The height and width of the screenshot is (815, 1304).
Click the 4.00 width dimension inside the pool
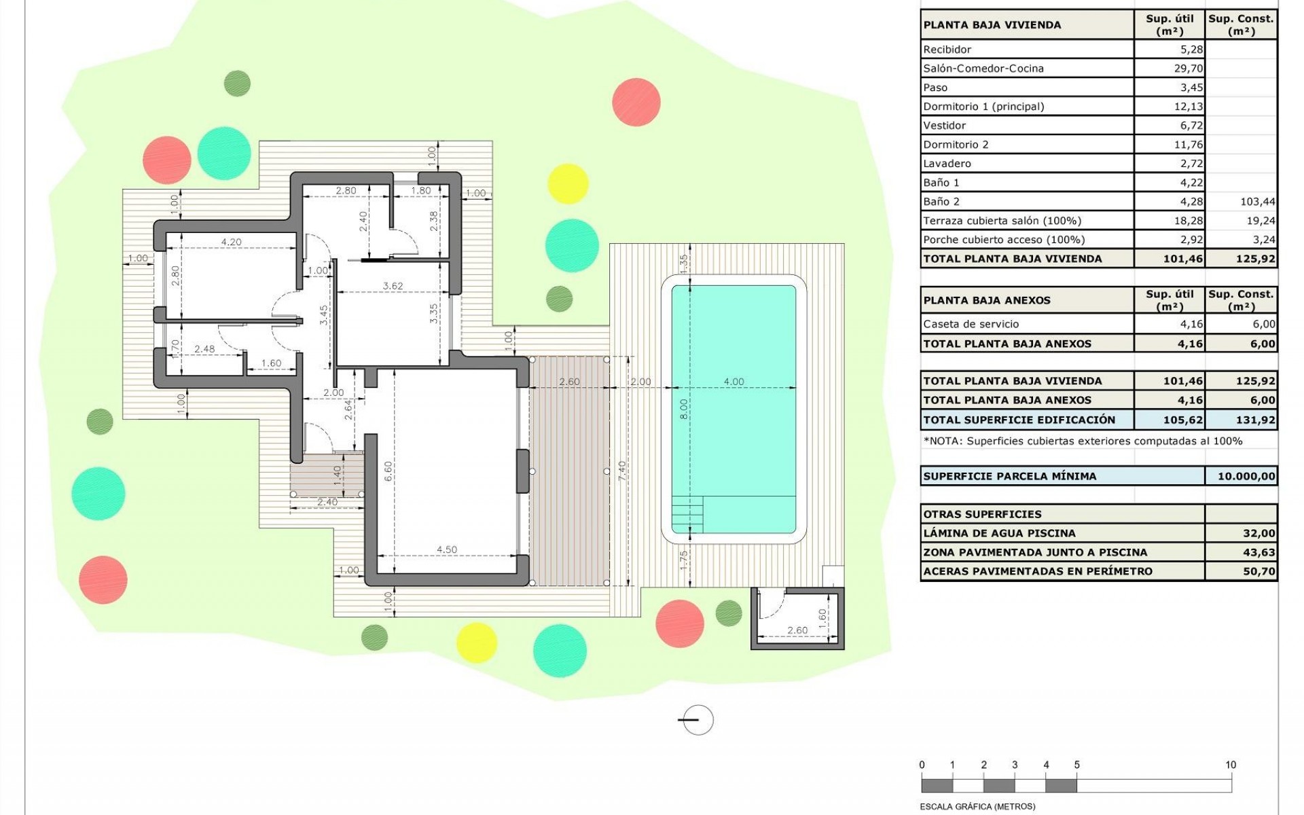click(733, 382)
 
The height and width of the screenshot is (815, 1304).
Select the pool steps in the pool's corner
click(687, 515)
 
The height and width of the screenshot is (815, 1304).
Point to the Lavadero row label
click(947, 164)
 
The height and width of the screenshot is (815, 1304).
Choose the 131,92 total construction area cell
click(1255, 420)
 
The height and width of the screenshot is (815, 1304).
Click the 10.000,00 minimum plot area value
click(1246, 476)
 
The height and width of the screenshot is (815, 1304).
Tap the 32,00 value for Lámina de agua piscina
click(1259, 533)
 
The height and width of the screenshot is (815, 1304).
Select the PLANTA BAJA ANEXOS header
click(987, 300)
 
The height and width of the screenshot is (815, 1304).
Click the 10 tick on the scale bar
click(1231, 765)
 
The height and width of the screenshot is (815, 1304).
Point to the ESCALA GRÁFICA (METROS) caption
click(977, 807)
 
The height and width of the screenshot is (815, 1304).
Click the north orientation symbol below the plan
click(696, 720)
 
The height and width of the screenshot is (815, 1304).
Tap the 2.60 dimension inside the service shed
click(797, 630)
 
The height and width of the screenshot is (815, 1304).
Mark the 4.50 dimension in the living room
click(446, 549)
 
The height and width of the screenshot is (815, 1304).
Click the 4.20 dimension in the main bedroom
click(231, 242)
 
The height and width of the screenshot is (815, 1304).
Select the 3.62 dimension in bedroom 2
click(393, 286)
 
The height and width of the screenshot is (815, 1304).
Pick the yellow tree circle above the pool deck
click(568, 183)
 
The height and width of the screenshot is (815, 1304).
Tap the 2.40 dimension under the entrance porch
click(327, 503)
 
